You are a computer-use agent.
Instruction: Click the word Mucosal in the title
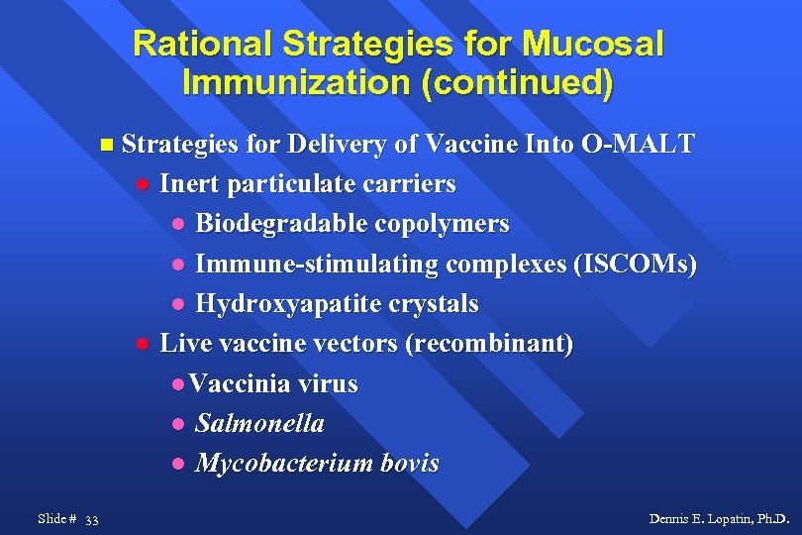(594, 45)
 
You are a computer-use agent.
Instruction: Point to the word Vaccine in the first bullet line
(465, 145)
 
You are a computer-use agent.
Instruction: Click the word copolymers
(441, 224)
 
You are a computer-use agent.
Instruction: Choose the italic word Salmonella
(259, 423)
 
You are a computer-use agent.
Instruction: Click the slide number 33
(91, 519)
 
